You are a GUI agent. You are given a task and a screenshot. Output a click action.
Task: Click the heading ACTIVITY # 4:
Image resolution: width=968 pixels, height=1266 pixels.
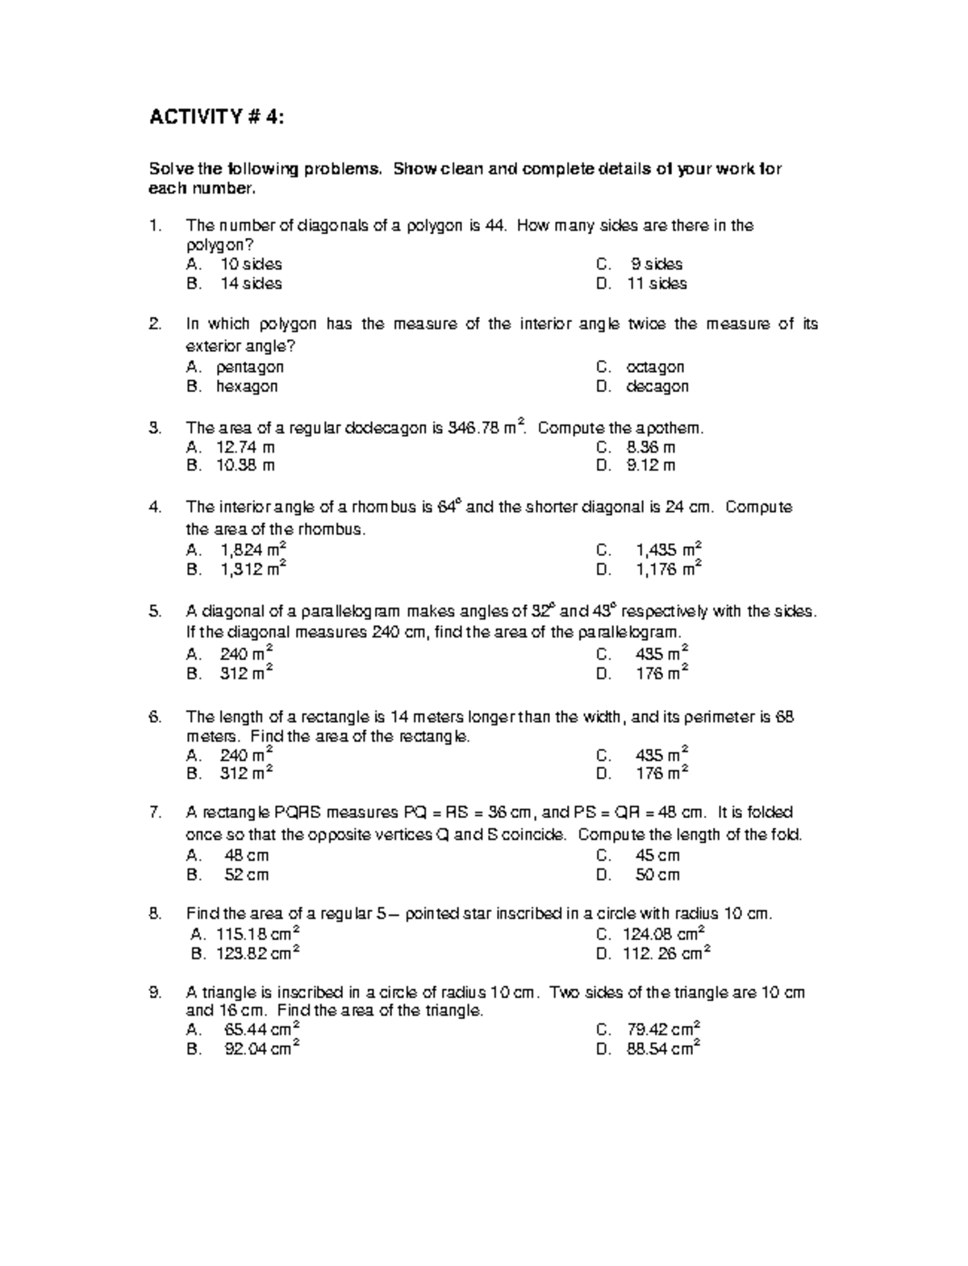(216, 118)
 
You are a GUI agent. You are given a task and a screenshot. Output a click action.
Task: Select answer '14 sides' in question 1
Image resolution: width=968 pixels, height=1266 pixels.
(251, 283)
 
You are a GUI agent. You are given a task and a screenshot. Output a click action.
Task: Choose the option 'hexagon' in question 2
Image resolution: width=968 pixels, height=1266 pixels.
(246, 386)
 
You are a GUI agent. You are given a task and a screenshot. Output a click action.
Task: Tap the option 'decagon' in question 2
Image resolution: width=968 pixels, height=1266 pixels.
(657, 386)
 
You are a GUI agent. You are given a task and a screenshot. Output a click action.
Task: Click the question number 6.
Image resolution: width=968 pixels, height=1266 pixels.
(155, 717)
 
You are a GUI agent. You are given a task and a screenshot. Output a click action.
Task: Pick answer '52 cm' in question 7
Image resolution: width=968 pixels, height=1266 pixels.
(246, 875)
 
